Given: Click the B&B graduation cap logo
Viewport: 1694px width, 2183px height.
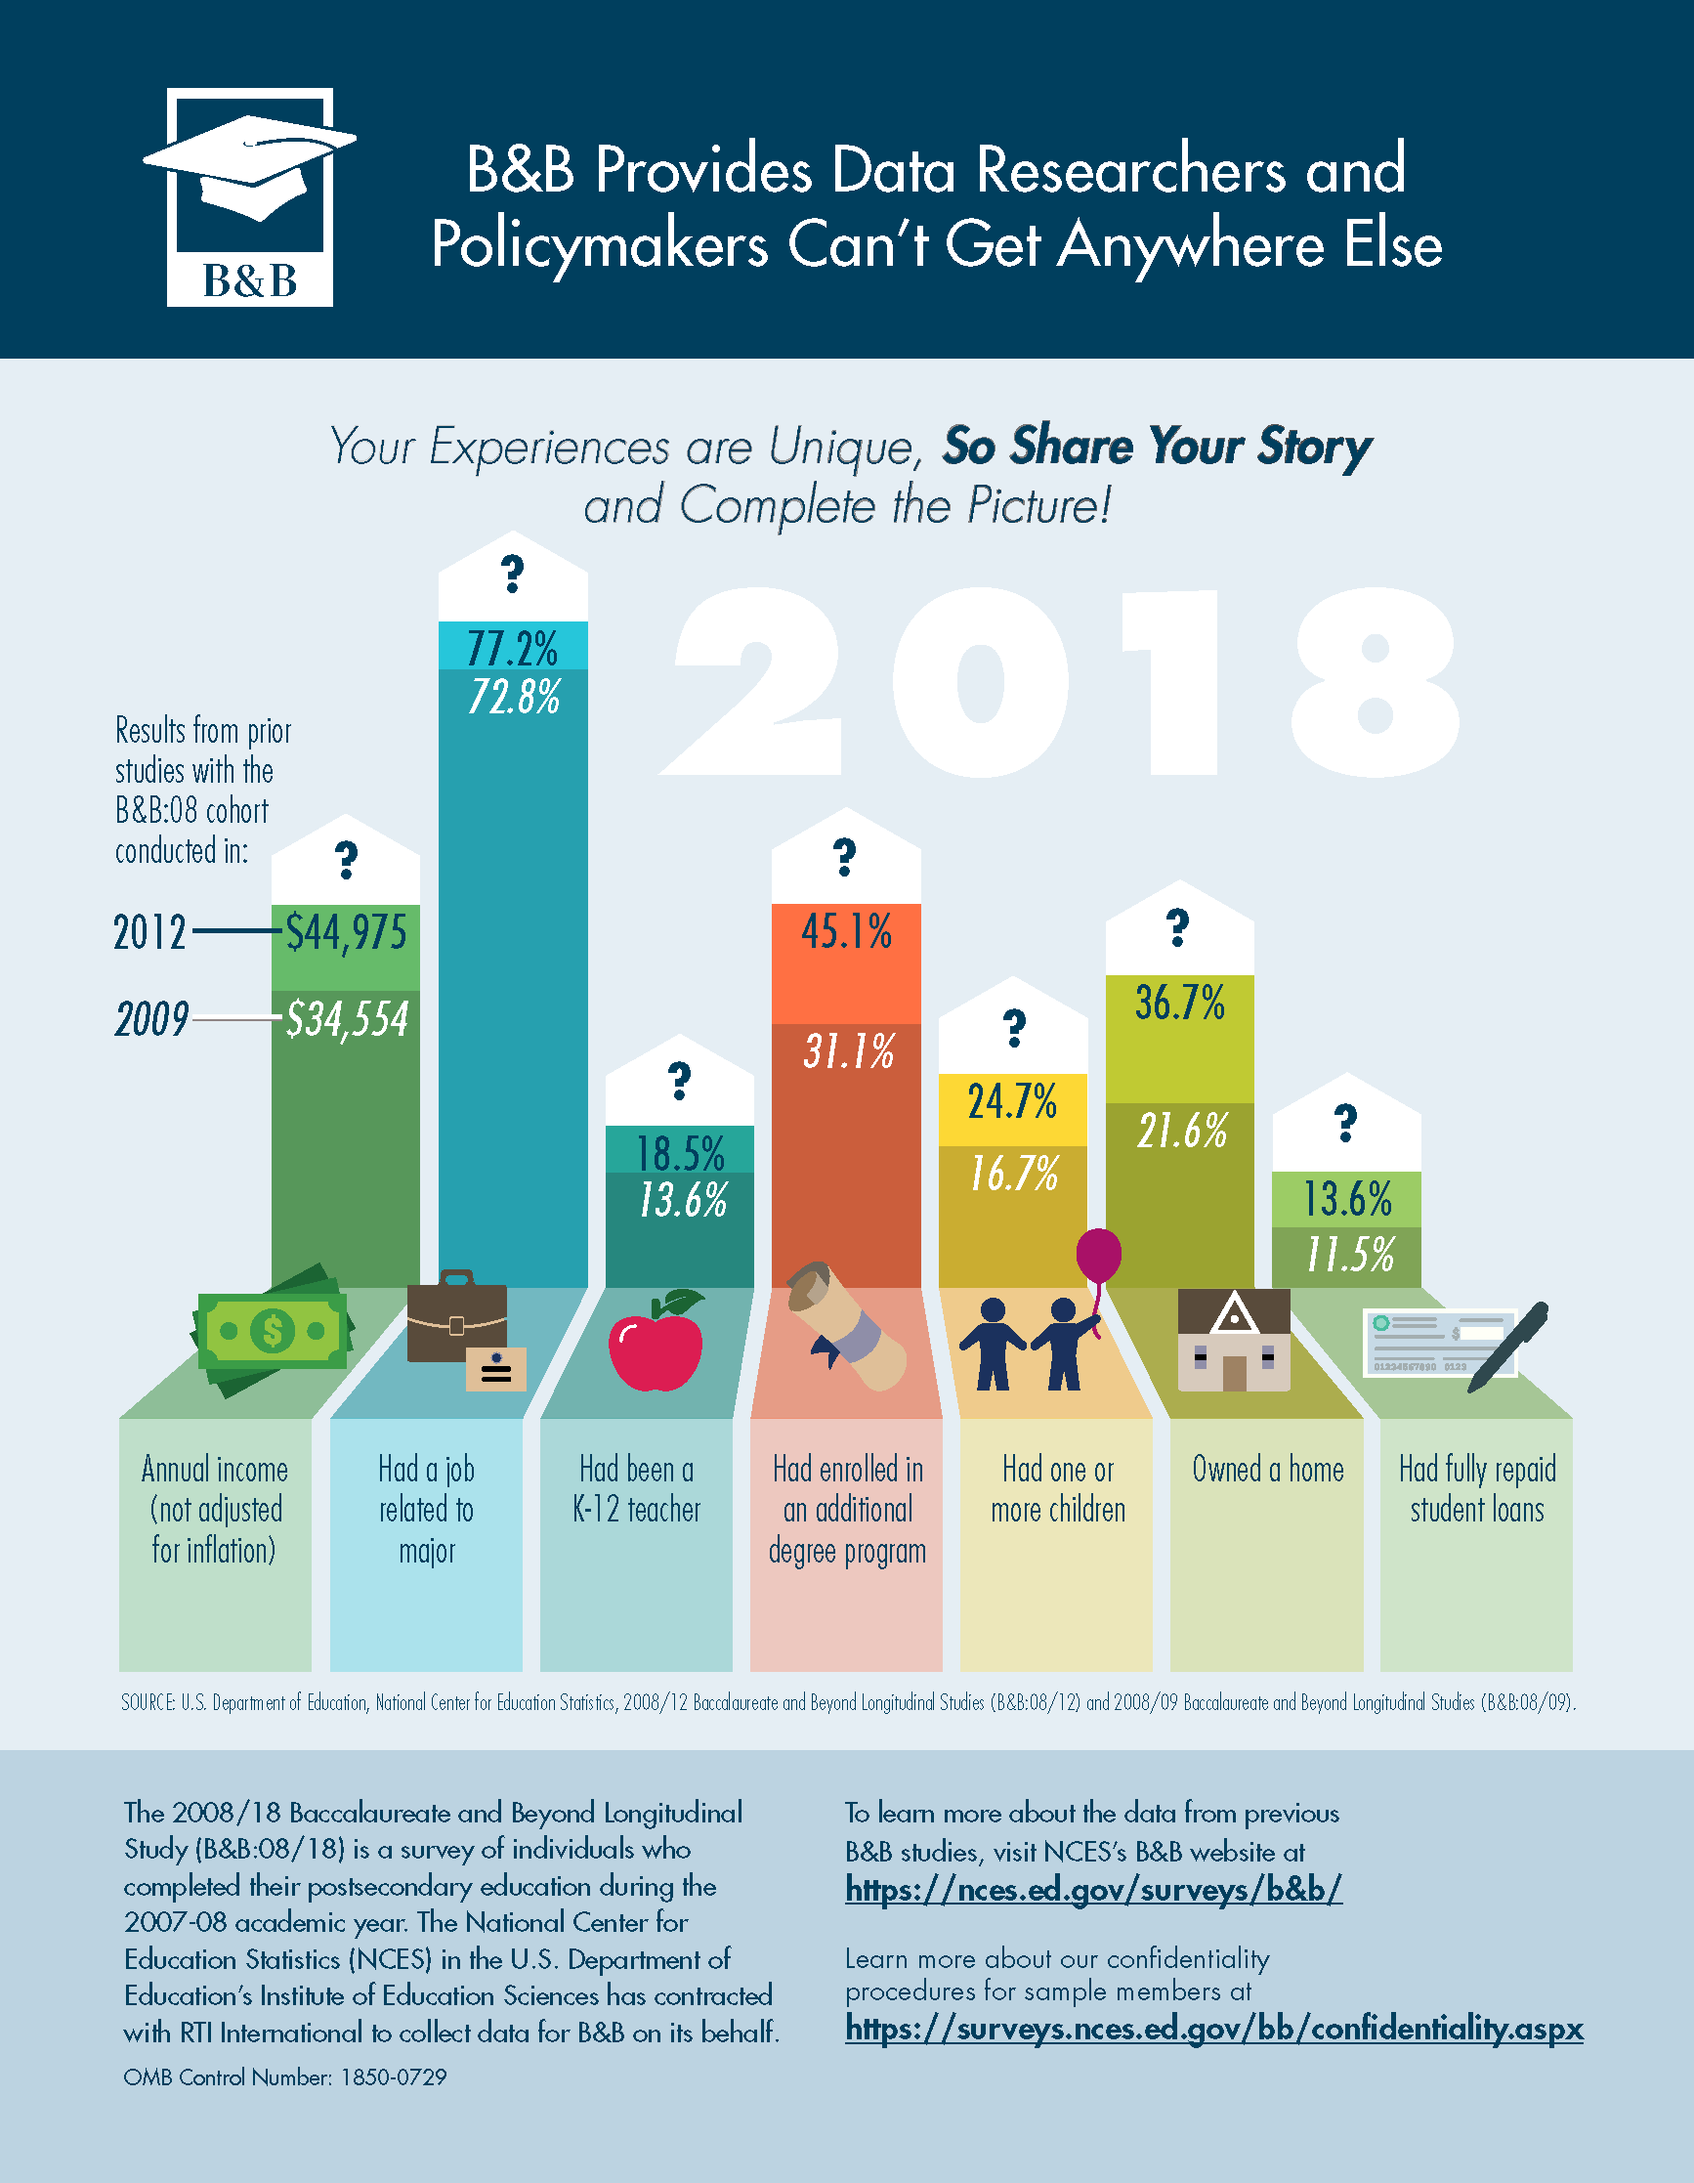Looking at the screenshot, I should point(250,197).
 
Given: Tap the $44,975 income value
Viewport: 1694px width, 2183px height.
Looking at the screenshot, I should point(346,932).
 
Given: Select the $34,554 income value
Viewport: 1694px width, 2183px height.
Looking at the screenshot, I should point(347,1019).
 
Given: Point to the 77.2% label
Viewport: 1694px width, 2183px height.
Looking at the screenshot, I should point(512,649).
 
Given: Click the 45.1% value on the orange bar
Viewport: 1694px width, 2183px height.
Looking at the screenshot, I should point(845,931).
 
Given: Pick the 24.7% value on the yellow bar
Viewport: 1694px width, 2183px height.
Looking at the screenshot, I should point(1011,1101).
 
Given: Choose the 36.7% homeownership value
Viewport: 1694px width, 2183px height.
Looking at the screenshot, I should point(1179,1003).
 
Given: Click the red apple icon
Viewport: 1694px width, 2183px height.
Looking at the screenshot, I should point(656,1343).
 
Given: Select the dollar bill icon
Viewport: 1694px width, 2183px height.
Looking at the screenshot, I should point(272,1329).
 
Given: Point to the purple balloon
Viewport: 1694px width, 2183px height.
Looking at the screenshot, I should point(1098,1255).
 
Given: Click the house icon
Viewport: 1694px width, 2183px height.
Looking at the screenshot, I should point(1234,1341).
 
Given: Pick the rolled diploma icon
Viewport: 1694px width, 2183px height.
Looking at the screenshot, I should point(844,1325).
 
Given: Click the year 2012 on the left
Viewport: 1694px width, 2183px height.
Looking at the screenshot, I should point(149,932).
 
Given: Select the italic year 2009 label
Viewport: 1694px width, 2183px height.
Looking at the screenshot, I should point(150,1019).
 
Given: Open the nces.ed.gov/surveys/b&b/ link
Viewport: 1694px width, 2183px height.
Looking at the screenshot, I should point(1093,1888).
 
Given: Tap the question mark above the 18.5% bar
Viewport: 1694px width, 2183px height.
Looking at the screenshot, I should point(680,1081).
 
